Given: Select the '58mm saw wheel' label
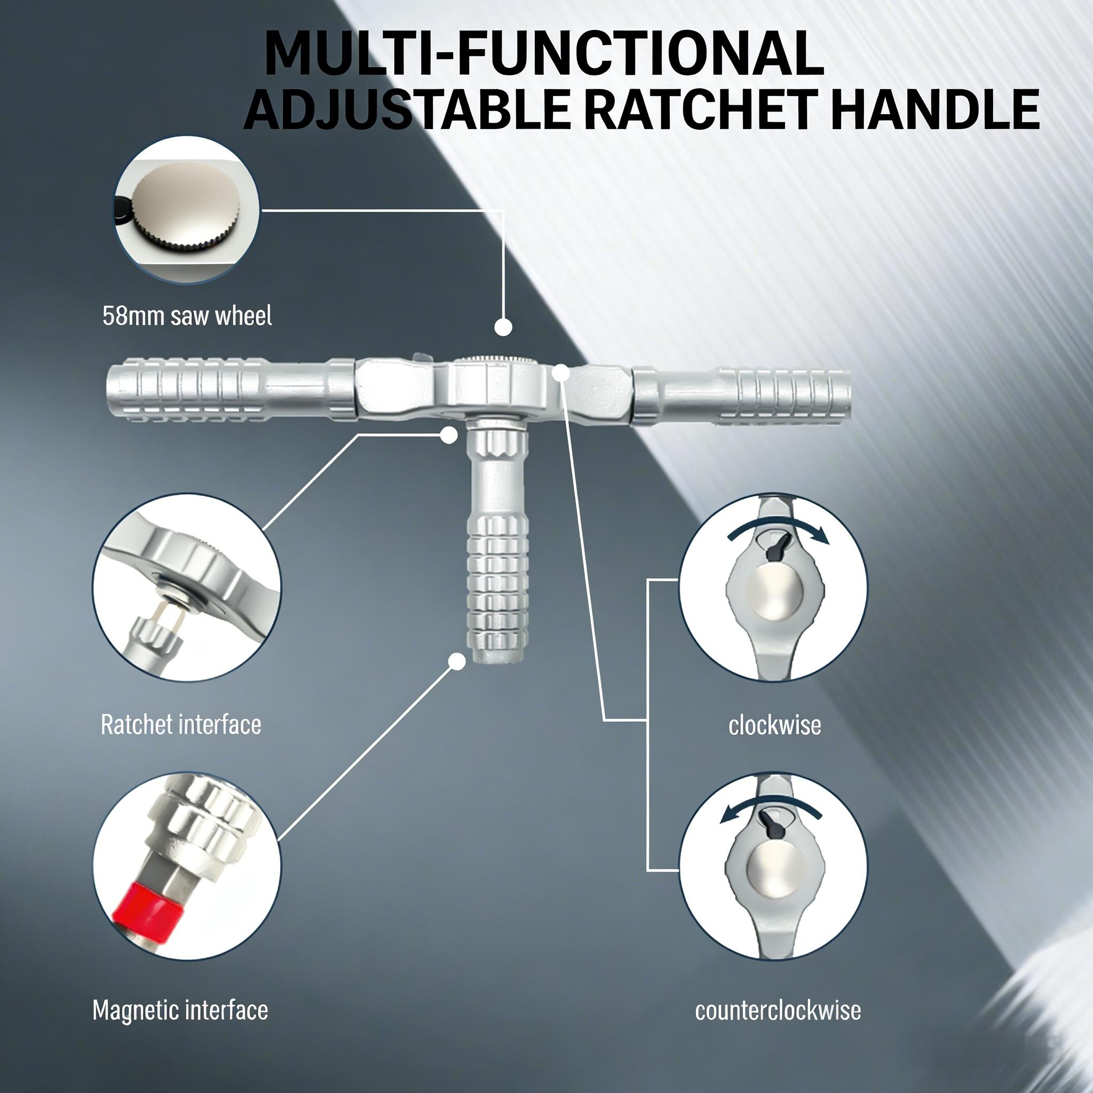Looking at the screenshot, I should pos(187,316).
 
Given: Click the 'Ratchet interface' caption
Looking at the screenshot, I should pos(181,725).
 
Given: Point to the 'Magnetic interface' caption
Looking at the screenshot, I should pos(180,1010).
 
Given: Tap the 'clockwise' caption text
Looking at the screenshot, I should pos(774,725).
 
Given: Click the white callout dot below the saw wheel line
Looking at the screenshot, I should pos(503,327).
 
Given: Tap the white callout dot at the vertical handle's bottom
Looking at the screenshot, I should pos(456,661).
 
